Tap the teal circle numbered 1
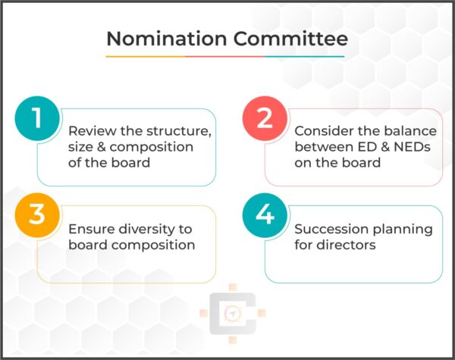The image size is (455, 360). pyautogui.click(x=36, y=121)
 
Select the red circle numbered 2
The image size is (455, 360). pyautogui.click(x=263, y=121)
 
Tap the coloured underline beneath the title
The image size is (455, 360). pyautogui.click(x=225, y=56)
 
